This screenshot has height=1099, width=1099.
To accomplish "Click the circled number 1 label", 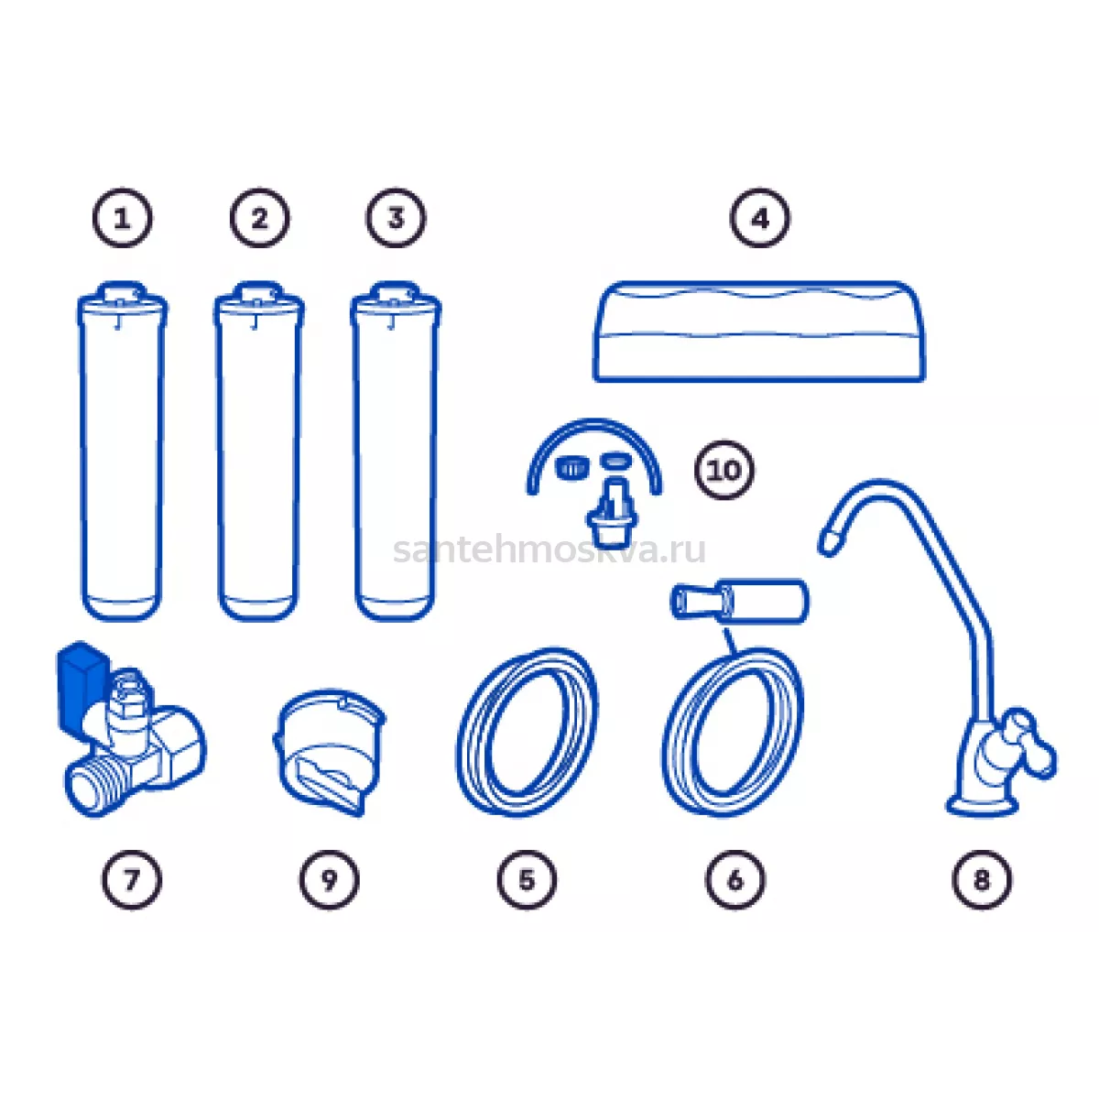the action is pyautogui.click(x=123, y=218).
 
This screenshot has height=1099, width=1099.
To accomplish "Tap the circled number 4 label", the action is pyautogui.click(x=759, y=218).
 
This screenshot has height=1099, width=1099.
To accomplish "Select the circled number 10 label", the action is pyautogui.click(x=724, y=470).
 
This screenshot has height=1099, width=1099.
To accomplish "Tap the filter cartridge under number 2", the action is pyautogui.click(x=259, y=452).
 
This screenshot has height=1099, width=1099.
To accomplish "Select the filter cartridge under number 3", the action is pyautogui.click(x=396, y=452).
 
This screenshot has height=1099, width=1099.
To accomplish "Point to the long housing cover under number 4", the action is pyautogui.click(x=759, y=332).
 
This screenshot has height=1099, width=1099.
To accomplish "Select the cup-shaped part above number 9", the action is pyautogui.click(x=330, y=752).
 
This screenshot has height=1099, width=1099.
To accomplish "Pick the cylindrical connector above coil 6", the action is pyautogui.click(x=739, y=600).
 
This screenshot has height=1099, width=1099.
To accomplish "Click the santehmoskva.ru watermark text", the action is pyautogui.click(x=549, y=550).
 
